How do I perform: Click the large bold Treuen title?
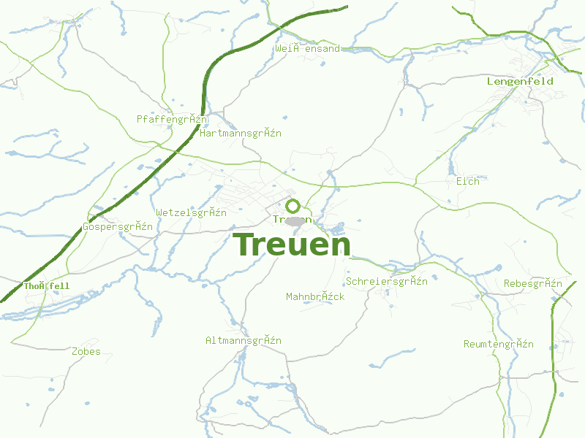[291, 245]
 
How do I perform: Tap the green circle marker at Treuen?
[293, 206]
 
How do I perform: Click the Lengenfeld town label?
[520, 82]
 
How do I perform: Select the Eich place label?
[467, 181]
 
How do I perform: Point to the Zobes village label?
[86, 352]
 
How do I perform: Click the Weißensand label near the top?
[308, 49]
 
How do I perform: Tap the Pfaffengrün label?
[172, 119]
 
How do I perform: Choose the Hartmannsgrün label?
[240, 134]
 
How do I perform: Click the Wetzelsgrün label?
[191, 213]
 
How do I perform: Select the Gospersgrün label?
[118, 227]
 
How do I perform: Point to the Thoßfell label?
[47, 286]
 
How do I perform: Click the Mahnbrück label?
[315, 297]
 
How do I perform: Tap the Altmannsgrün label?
[244, 341]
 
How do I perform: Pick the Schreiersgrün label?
[387, 282]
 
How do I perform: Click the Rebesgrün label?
[532, 284]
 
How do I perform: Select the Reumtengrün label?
[499, 345]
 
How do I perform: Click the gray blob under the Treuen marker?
[295, 221]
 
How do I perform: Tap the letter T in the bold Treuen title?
[244, 245]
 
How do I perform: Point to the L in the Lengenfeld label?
[490, 82]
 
